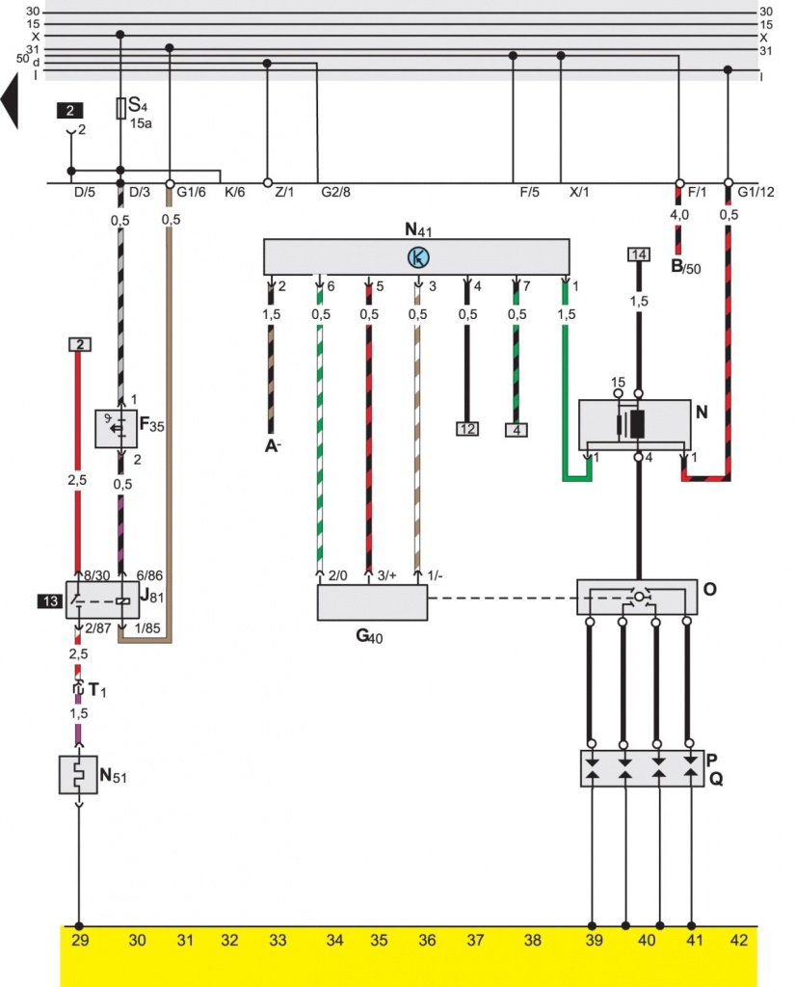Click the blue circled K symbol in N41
coord(417,256)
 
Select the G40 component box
coord(373,603)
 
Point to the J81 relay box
coord(101,600)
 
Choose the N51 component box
coord(80,776)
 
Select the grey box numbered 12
coord(467,428)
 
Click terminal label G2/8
coord(335,192)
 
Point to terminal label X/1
coord(579,192)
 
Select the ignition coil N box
coord(636,424)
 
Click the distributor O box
coord(636,598)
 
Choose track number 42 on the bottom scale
coord(738,941)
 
